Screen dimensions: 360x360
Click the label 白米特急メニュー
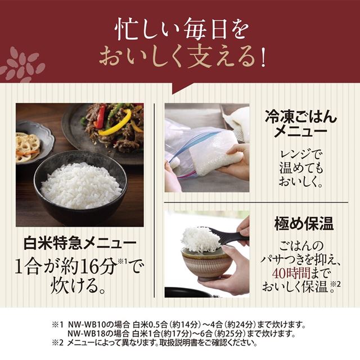pyautogui.click(x=79, y=244)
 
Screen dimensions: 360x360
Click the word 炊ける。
pyautogui.click(x=79, y=285)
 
